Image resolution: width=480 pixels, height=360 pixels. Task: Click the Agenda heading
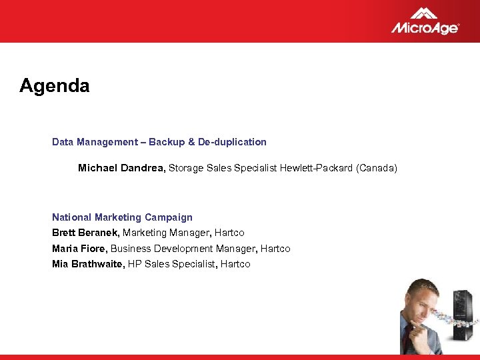(x=54, y=86)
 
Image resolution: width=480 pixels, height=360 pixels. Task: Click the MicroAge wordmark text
(x=424, y=27)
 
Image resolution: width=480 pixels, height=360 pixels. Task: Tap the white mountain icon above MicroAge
(x=424, y=13)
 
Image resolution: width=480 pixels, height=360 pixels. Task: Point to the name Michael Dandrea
(x=121, y=169)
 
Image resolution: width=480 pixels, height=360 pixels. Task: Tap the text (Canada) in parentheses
(x=377, y=169)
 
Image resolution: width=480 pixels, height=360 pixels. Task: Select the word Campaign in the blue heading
(x=171, y=217)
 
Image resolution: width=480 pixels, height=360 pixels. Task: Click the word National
(x=72, y=217)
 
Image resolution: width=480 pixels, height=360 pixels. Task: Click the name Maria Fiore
(x=79, y=249)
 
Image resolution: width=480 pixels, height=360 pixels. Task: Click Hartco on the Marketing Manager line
(x=229, y=233)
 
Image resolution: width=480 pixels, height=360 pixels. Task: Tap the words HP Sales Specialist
(x=171, y=264)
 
